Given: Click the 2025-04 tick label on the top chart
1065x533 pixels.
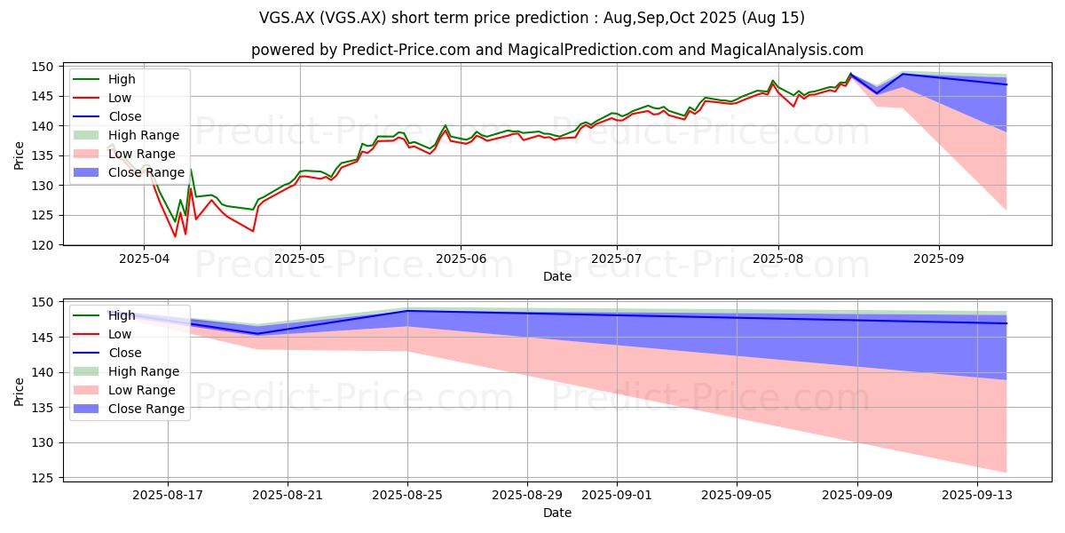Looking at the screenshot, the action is (x=144, y=259).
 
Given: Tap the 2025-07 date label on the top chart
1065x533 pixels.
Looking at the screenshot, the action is (x=617, y=259).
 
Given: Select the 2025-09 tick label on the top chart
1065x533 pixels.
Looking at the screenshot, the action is (x=939, y=259).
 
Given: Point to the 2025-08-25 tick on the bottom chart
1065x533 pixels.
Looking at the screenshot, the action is (x=407, y=496).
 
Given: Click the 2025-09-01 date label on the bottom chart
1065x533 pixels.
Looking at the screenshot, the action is (x=617, y=496).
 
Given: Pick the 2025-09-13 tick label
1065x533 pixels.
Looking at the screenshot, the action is (x=977, y=496).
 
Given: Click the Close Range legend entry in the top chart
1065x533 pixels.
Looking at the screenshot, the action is (x=129, y=172).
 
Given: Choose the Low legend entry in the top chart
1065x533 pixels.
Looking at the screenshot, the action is (x=102, y=98).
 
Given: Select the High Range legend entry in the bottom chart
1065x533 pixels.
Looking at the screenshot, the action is (x=126, y=371).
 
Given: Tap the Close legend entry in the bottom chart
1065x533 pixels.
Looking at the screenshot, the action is (x=107, y=353).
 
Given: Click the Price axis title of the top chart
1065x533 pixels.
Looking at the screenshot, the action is (x=19, y=155).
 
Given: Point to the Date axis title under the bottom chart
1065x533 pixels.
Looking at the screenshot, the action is (x=557, y=513).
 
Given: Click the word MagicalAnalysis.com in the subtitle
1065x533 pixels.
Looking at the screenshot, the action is (x=787, y=50).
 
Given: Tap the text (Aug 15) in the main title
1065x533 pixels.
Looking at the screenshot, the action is (x=773, y=18).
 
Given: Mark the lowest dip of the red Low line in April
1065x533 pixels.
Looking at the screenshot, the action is (x=175, y=236).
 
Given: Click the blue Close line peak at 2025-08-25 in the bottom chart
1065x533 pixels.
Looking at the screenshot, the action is (x=407, y=311).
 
